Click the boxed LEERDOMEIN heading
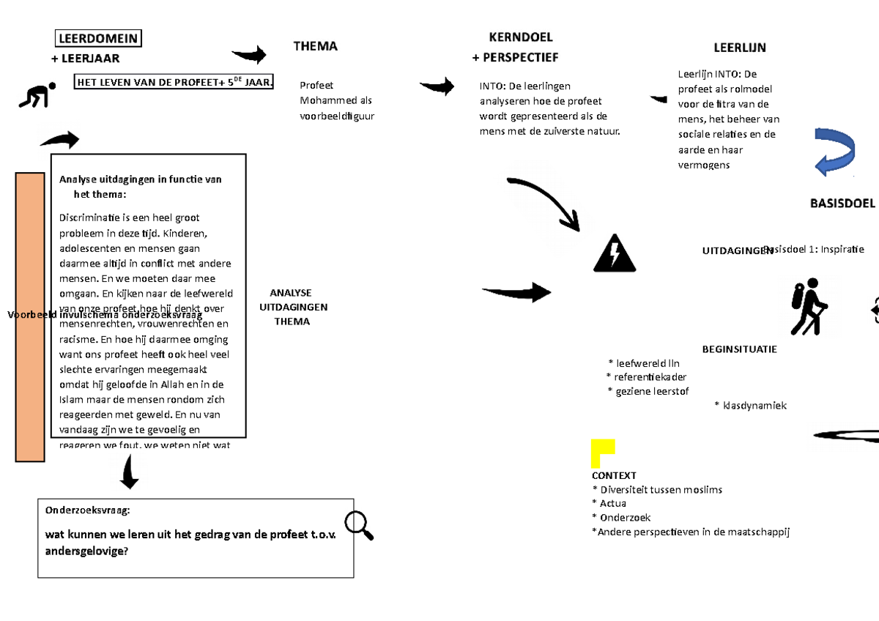pos(99,39)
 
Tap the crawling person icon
pos(37,96)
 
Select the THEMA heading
pos(315,46)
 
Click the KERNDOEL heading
pos(520,37)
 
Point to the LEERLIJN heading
pos(739,48)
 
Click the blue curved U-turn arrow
pos(834,152)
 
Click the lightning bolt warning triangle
pos(615,254)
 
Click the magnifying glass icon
pos(358,524)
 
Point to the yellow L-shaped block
pos(601,453)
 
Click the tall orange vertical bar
pos(30,317)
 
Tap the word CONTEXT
pos(614,475)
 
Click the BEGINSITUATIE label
pos(739,349)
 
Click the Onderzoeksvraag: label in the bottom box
pos(87,510)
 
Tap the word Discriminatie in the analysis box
pos(91,217)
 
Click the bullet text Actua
pos(612,503)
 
